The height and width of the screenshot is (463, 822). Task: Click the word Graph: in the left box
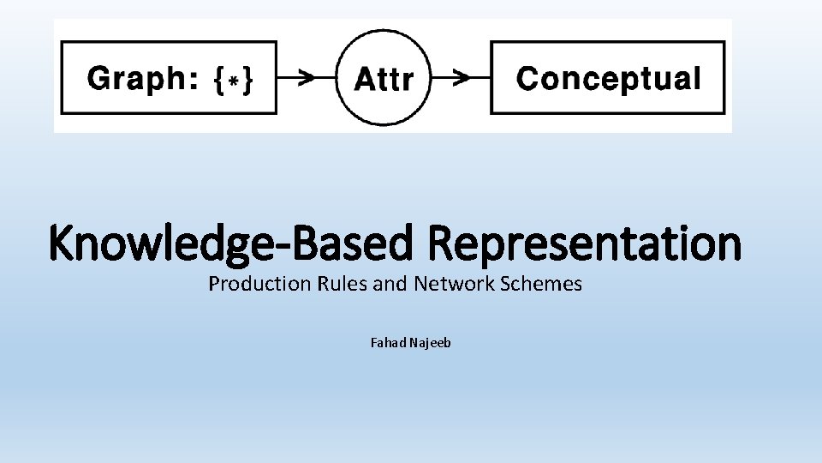coord(143,79)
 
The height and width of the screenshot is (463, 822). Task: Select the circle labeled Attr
coord(383,78)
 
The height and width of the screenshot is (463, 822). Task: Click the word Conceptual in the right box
coord(608,78)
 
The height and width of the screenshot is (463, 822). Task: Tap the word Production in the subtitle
coord(248,284)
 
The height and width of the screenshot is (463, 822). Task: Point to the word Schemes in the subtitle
coord(539,284)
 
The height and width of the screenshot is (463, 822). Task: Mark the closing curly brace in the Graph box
coord(247,80)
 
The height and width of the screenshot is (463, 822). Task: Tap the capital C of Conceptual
coord(528,78)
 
